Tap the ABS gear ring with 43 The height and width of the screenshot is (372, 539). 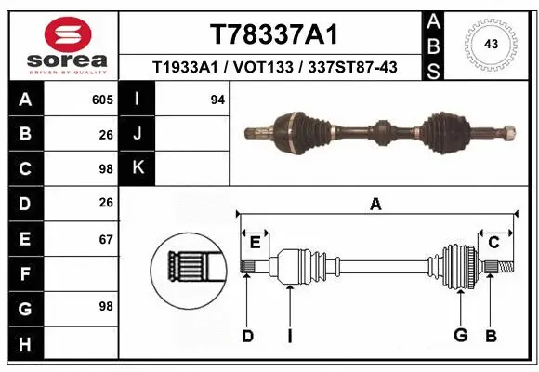point(489,44)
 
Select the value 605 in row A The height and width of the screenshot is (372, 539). point(101,100)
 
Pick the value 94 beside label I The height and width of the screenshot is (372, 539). point(217,100)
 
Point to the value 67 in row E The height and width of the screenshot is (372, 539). point(105,239)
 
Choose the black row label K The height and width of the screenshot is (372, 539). point(138,167)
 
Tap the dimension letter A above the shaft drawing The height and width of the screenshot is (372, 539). point(375,205)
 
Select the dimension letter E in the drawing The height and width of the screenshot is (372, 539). point(255,243)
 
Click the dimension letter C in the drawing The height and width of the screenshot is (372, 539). point(494,243)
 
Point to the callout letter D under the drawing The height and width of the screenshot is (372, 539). point(247,336)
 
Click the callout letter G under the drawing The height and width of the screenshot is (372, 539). point(459,336)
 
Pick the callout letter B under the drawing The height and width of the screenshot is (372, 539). point(492,336)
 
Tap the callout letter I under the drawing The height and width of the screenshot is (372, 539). point(290,336)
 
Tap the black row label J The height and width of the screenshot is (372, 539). point(138,134)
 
